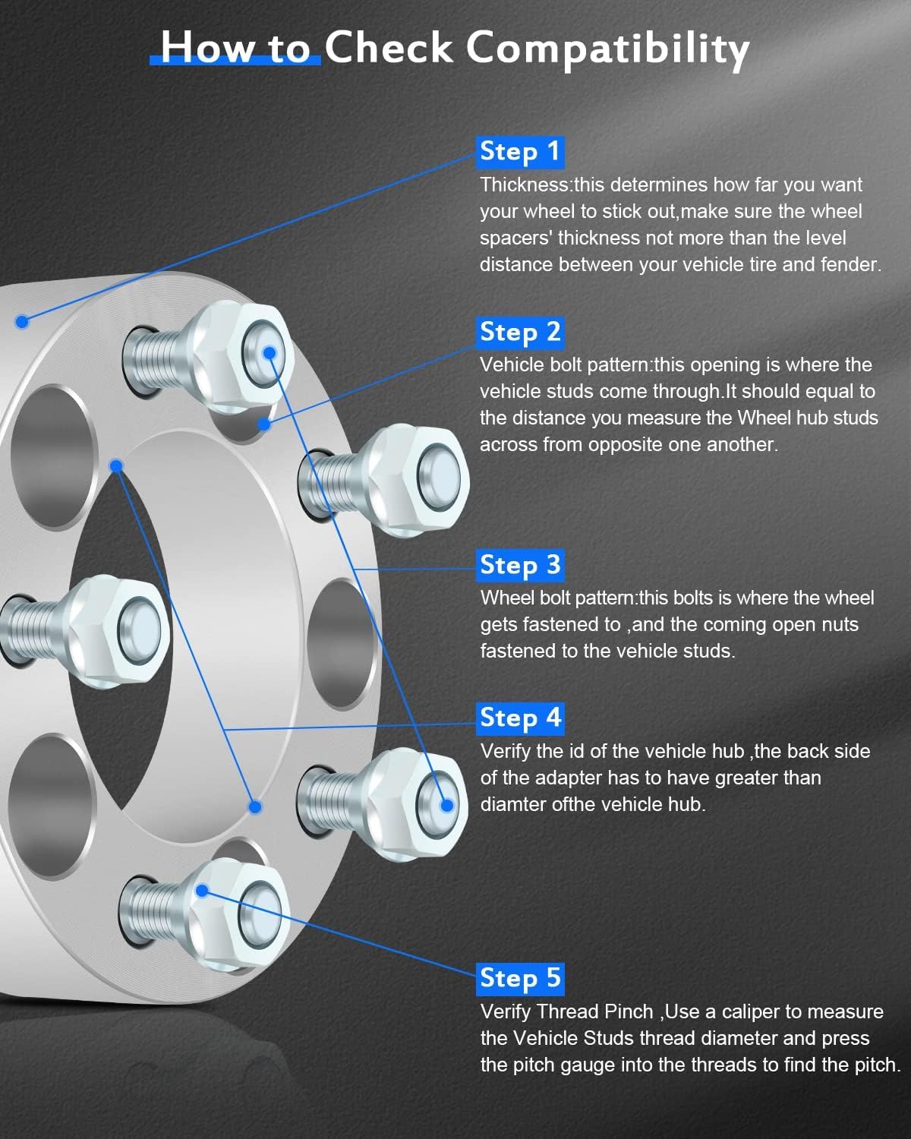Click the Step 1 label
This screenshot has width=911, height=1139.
[520, 151]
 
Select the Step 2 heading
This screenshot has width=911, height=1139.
[520, 332]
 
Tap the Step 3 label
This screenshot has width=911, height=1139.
[520, 565]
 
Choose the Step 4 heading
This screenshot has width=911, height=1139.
[520, 718]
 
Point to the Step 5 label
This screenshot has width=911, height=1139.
[520, 978]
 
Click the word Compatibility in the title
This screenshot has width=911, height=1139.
[607, 49]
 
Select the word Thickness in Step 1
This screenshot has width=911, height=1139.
[525, 185]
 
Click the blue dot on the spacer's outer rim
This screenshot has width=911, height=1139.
[22, 322]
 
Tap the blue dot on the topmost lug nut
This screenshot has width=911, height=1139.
[269, 352]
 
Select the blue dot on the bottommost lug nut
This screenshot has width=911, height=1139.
[202, 891]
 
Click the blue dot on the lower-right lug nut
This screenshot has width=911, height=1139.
[447, 805]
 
